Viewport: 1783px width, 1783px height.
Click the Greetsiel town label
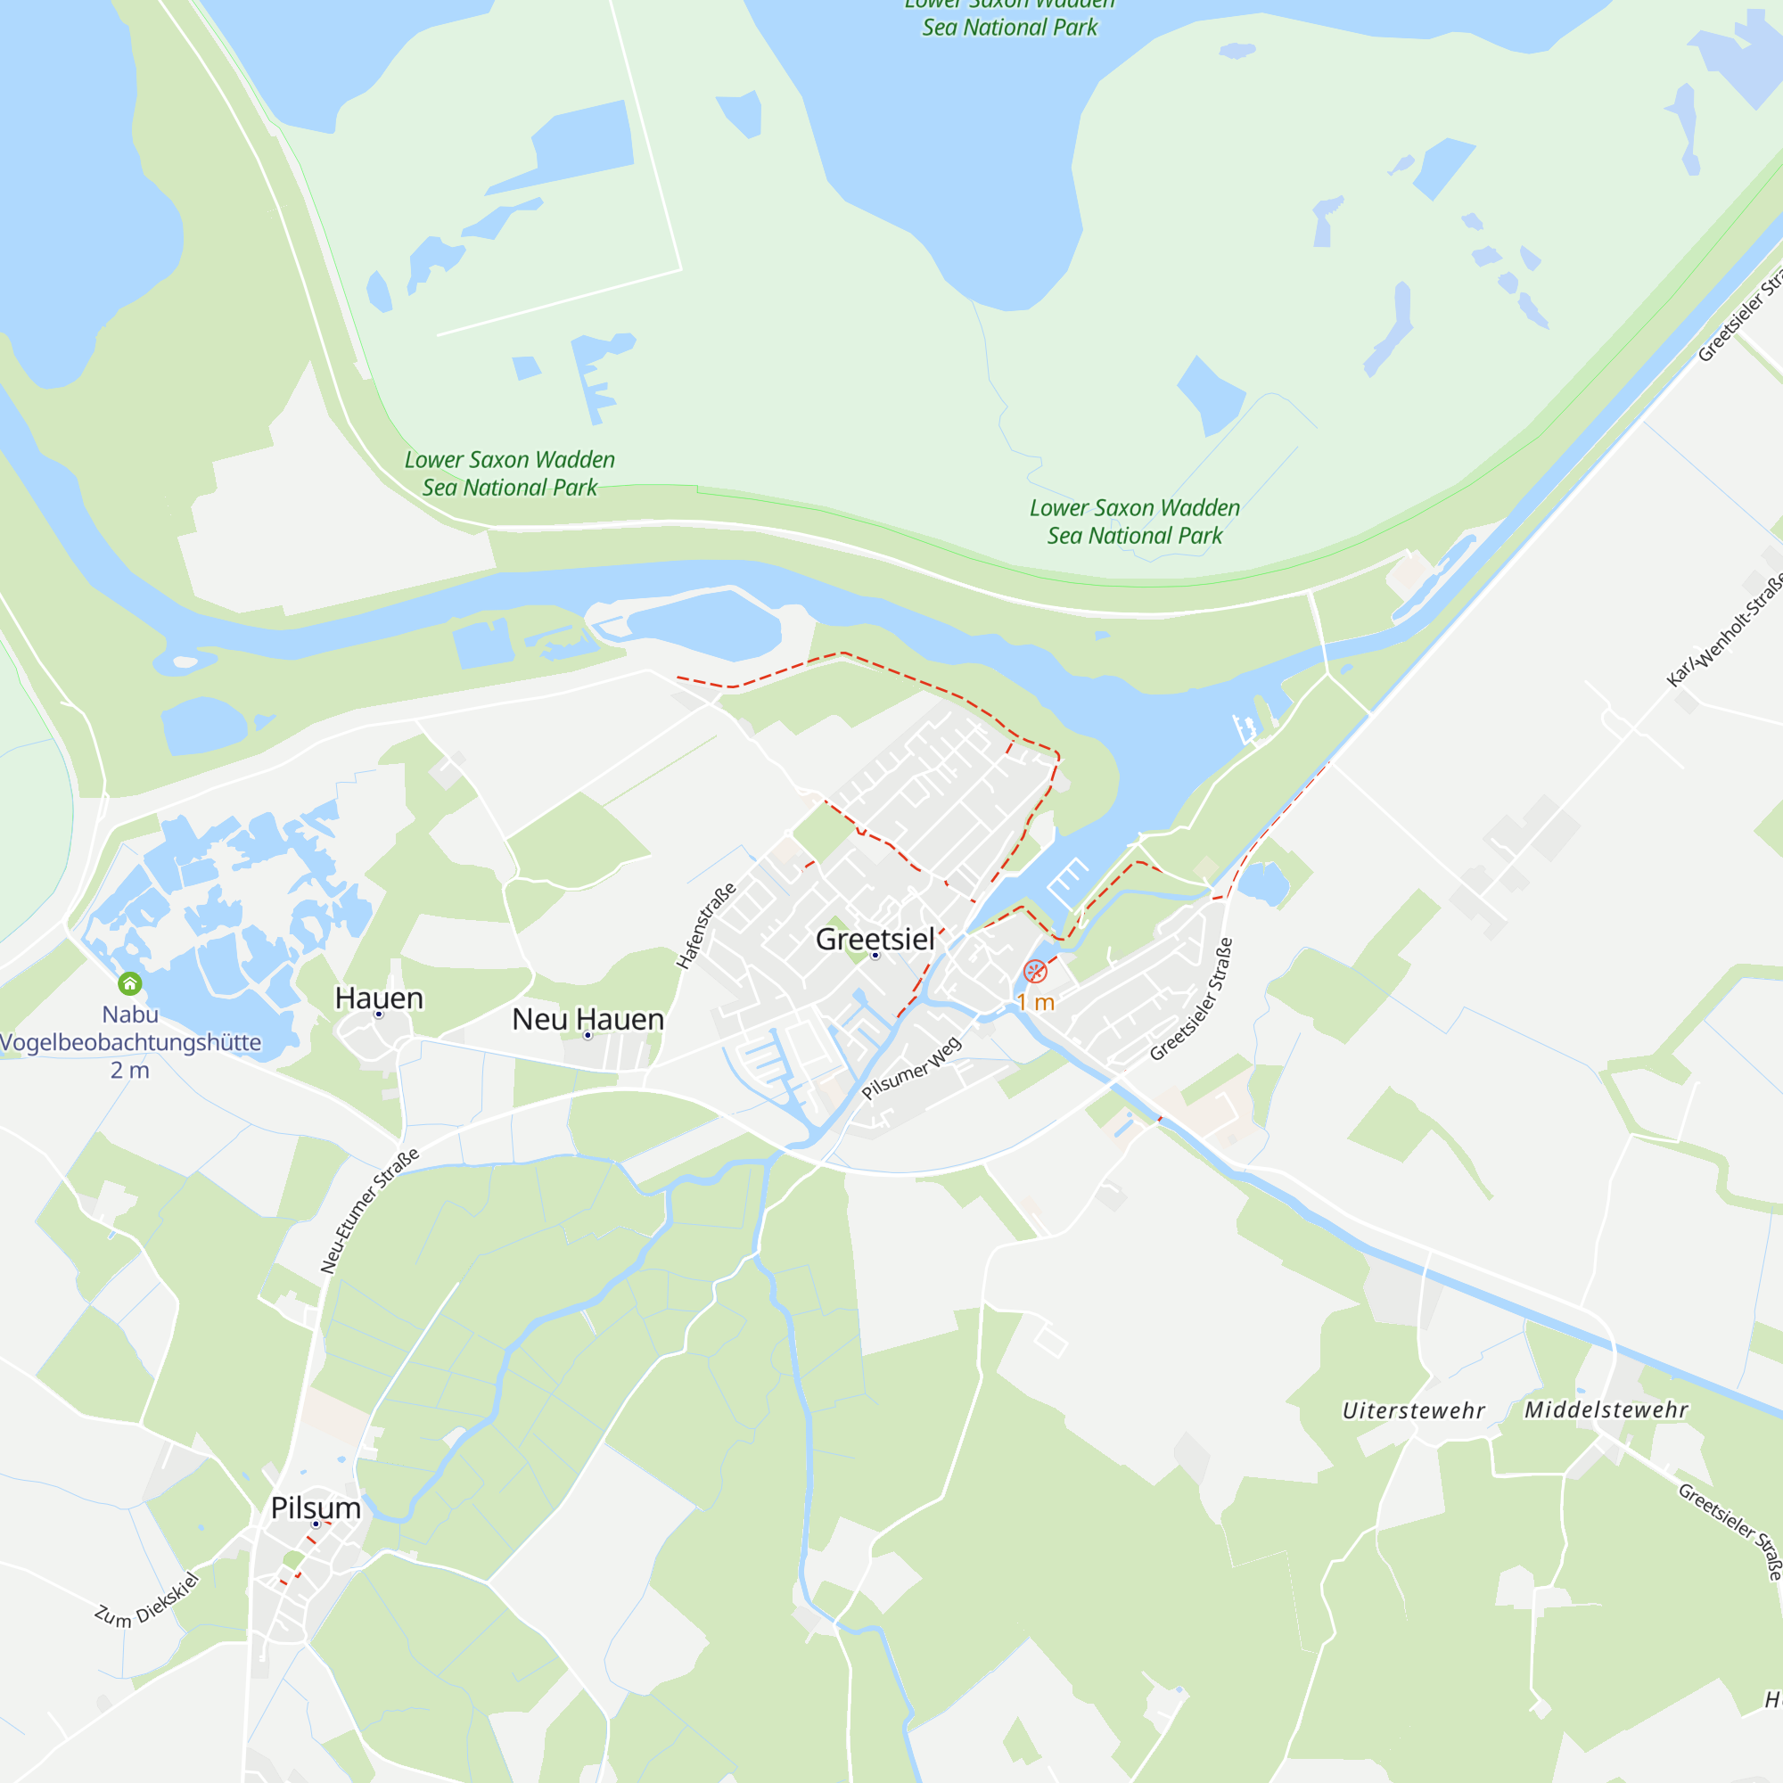875,939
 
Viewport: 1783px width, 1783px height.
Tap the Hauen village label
378,998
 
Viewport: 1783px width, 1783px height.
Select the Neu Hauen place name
587,1019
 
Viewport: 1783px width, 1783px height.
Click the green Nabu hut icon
130,982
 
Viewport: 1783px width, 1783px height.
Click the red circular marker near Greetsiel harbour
1034,971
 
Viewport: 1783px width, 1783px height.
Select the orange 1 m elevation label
1035,1002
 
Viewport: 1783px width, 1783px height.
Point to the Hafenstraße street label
706,924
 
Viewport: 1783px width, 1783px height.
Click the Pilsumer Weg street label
912,1068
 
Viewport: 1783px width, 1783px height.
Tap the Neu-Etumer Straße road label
369,1210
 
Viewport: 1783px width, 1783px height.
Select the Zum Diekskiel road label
147,1600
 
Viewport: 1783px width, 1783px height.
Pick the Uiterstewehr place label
1413,1411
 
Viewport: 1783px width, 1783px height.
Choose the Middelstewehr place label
1606,1410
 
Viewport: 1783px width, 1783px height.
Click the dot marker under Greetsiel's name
875,956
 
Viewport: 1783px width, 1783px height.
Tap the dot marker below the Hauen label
378,1015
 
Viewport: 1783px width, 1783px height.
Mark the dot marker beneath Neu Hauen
587,1035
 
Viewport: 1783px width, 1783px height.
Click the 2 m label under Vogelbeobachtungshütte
130,1071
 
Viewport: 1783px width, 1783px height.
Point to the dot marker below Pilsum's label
316,1524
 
